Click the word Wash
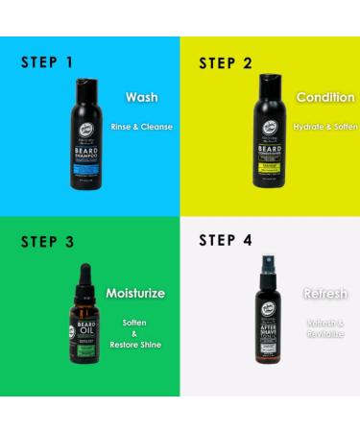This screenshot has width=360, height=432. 141,98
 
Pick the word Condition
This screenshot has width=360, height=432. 325,98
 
